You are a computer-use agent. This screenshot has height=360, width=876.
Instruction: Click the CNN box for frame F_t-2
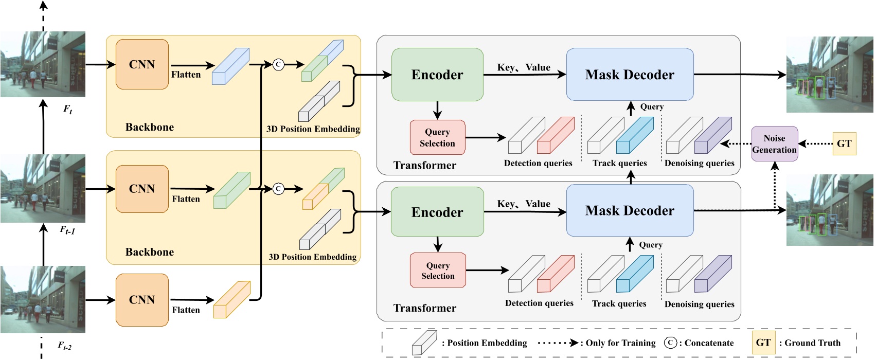click(142, 300)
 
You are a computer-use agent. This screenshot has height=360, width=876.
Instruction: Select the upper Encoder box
click(437, 75)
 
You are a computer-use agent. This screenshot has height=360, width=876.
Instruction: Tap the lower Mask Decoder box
click(630, 211)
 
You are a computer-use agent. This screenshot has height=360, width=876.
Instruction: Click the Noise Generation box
click(774, 144)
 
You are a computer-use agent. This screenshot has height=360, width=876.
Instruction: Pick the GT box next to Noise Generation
click(844, 143)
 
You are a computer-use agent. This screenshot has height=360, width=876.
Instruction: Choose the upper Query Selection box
click(437, 137)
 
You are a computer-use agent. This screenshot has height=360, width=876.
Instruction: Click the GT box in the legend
click(763, 343)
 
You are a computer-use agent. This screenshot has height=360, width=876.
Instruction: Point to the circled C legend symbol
click(670, 343)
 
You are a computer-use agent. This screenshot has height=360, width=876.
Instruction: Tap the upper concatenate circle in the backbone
click(278, 64)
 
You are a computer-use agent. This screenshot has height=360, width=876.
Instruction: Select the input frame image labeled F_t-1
click(43, 188)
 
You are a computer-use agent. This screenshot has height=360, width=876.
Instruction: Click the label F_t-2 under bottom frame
click(64, 346)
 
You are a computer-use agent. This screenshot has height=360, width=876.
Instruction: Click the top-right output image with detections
click(830, 75)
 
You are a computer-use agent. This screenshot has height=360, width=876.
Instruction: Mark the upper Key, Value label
click(523, 67)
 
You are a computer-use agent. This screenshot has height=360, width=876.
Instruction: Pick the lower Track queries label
click(619, 303)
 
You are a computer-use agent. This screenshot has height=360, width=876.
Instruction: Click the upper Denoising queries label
click(699, 163)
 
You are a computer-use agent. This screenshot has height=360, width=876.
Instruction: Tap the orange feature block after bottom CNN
click(231, 300)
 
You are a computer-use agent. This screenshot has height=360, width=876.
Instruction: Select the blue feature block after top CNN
click(230, 66)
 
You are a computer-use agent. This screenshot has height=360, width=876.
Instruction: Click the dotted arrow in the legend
click(558, 343)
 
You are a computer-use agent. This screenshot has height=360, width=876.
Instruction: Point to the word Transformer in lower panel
click(424, 308)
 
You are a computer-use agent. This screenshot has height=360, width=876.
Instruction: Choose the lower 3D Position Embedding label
click(312, 257)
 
